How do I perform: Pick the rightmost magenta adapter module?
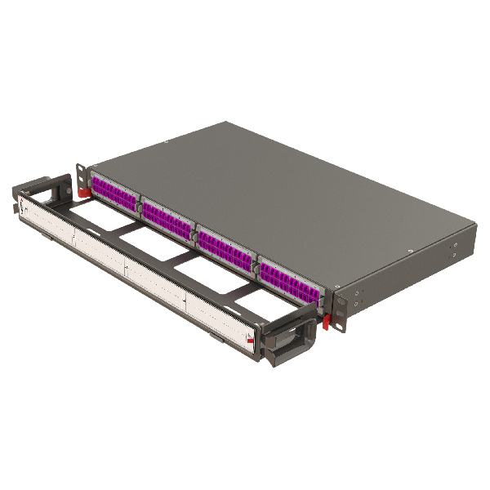[x=290, y=276]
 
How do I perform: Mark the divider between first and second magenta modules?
[x=140, y=206]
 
